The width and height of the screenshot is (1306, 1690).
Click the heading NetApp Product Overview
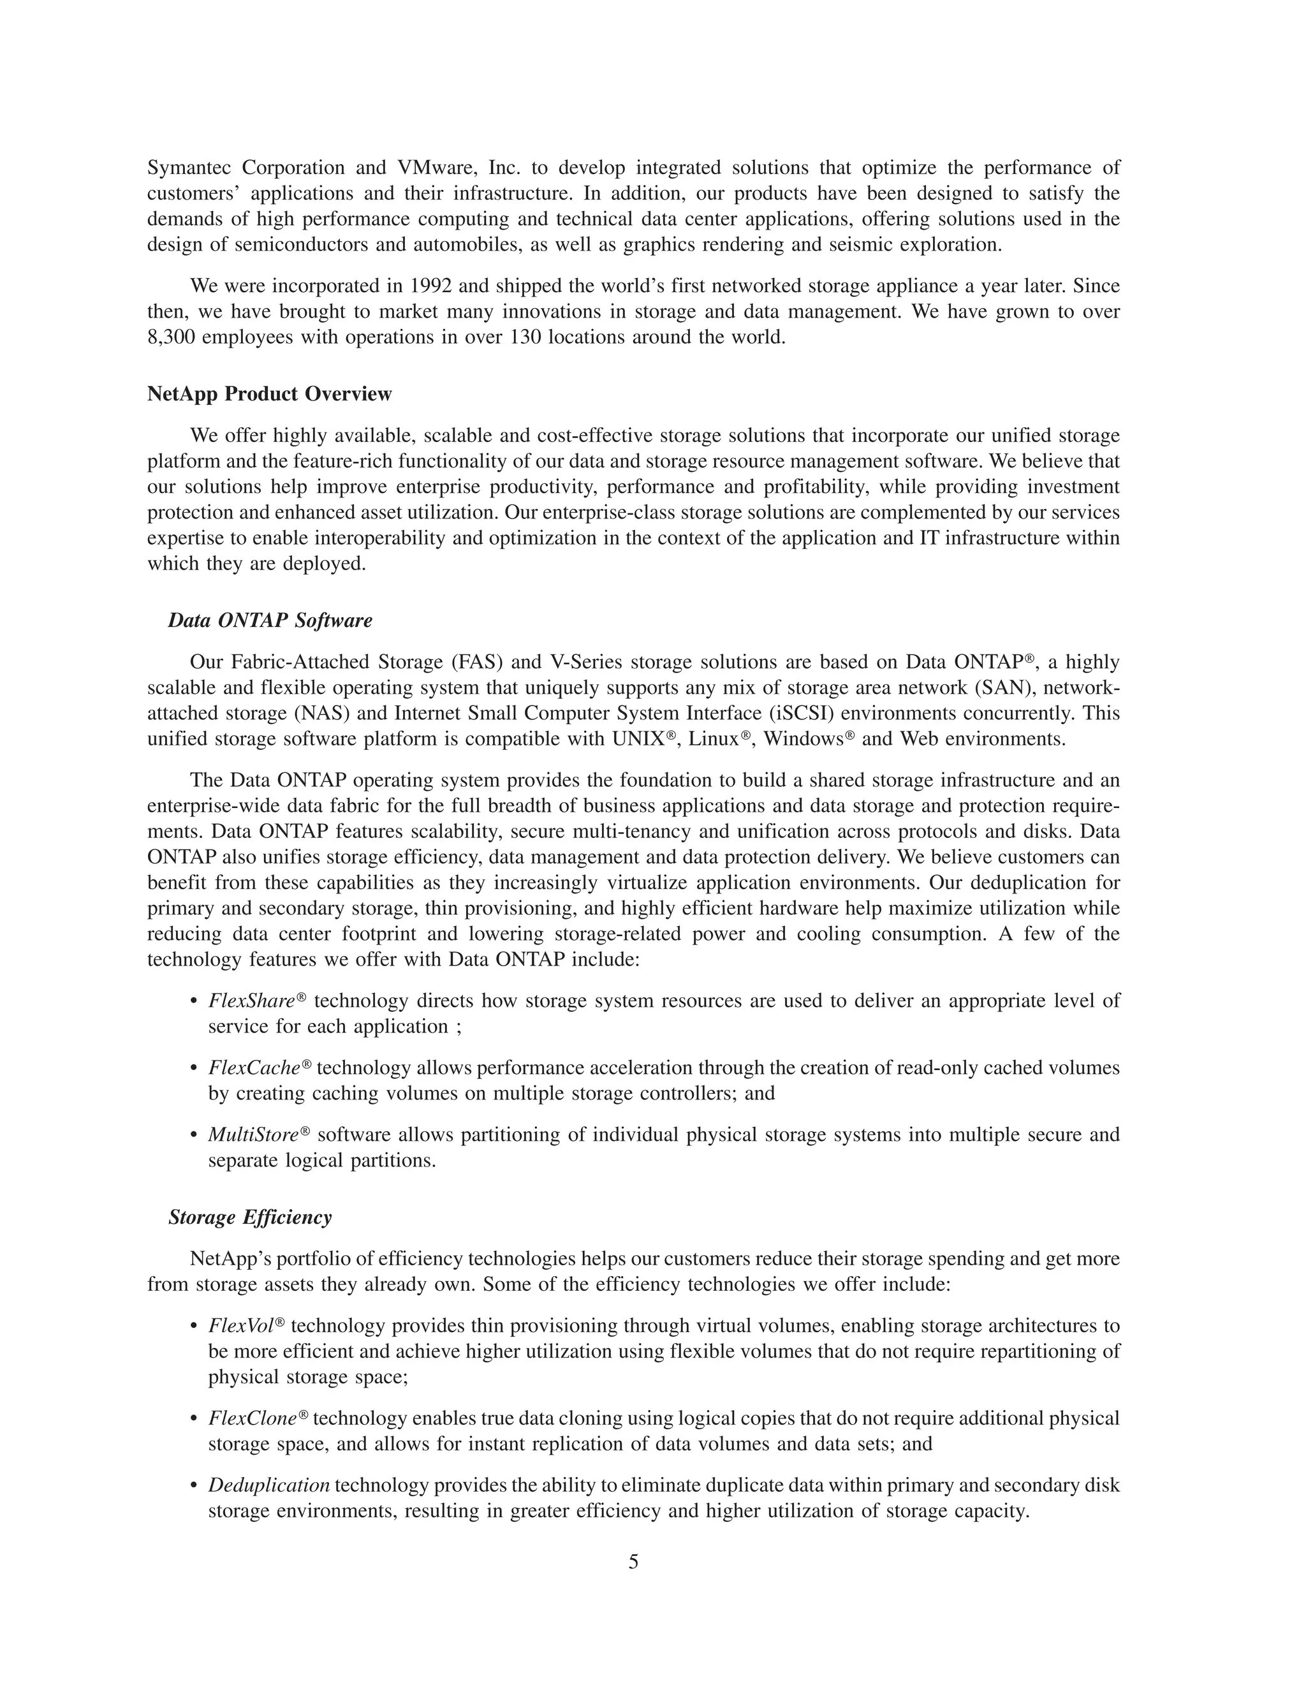click(x=269, y=394)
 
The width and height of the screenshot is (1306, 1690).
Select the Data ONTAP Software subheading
click(x=270, y=621)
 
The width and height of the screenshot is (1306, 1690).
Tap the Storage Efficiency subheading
click(x=250, y=1217)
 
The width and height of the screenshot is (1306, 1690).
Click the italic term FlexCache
click(x=254, y=1068)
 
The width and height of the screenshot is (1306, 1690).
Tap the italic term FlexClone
click(x=253, y=1418)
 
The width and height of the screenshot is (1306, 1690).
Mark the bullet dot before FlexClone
click(x=193, y=1419)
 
